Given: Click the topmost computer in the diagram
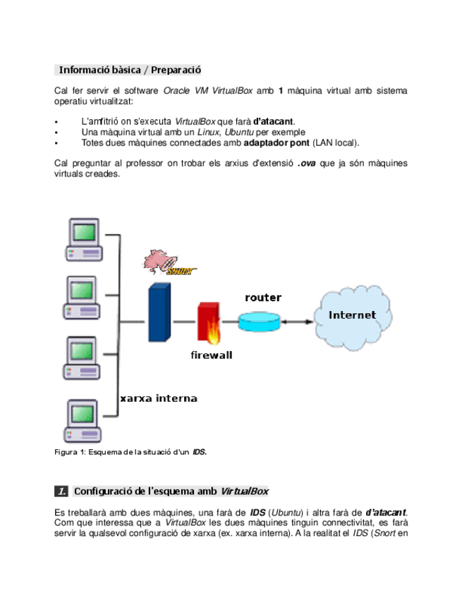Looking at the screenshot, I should click(83, 240).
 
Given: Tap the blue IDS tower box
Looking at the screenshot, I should click(159, 311).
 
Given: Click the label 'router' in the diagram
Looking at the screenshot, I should click(262, 298).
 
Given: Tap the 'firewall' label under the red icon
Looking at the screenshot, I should click(211, 355).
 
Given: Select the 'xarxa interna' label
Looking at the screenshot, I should click(158, 398).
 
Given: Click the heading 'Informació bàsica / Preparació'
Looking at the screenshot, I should click(130, 70).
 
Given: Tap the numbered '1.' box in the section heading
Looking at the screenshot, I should click(62, 491).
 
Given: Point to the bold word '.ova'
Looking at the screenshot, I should click(305, 164).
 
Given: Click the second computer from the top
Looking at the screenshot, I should click(83, 300).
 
